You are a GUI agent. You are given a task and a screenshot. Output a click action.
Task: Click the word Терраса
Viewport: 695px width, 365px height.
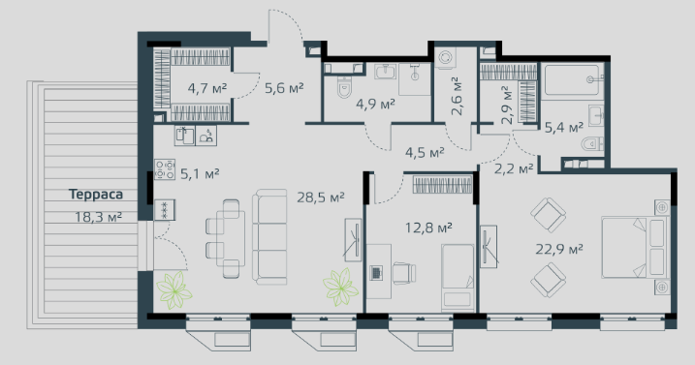pyautogui.click(x=96, y=195)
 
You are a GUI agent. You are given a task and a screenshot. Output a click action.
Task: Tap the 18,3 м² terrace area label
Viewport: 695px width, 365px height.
pyautogui.click(x=98, y=217)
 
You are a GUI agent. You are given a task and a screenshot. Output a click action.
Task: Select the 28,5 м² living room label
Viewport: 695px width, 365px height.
pyautogui.click(x=321, y=198)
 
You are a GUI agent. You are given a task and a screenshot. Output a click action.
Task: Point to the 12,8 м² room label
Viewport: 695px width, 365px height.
pyautogui.click(x=428, y=228)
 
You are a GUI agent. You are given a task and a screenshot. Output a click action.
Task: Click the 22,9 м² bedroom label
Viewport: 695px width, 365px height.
pyautogui.click(x=559, y=249)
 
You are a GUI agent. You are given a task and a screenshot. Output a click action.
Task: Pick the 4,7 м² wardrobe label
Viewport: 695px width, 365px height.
pyautogui.click(x=207, y=88)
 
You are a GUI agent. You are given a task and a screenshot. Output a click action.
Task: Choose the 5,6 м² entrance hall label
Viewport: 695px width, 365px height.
pyautogui.click(x=284, y=88)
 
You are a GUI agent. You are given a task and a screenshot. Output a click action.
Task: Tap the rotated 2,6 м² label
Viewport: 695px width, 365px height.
pyautogui.click(x=457, y=96)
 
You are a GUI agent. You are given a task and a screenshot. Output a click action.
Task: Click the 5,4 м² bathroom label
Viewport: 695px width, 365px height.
pyautogui.click(x=564, y=128)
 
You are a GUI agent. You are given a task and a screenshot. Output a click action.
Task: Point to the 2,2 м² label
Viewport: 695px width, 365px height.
pyautogui.click(x=514, y=168)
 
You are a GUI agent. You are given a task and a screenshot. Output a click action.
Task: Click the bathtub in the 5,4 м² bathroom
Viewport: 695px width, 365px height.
pyautogui.click(x=574, y=79)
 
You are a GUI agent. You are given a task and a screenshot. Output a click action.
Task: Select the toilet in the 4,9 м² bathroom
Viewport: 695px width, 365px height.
pyautogui.click(x=344, y=87)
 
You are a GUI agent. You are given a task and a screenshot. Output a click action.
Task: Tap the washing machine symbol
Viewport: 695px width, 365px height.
pyautogui.click(x=445, y=58)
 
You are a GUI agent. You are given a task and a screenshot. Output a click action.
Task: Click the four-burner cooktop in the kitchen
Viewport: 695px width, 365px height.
pyautogui.click(x=165, y=169)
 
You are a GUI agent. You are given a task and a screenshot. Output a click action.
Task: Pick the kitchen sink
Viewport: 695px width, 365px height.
pyautogui.click(x=185, y=136)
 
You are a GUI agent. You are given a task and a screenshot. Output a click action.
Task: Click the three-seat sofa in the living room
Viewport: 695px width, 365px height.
pyautogui.click(x=269, y=237)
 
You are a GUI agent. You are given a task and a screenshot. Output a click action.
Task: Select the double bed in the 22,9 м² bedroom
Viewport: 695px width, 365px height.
pyautogui.click(x=635, y=247)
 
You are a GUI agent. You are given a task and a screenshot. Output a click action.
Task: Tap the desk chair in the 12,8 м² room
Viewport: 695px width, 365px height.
pyautogui.click(x=404, y=273)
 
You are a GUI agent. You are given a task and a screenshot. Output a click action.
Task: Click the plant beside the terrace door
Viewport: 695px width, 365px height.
pyautogui.click(x=174, y=290)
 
